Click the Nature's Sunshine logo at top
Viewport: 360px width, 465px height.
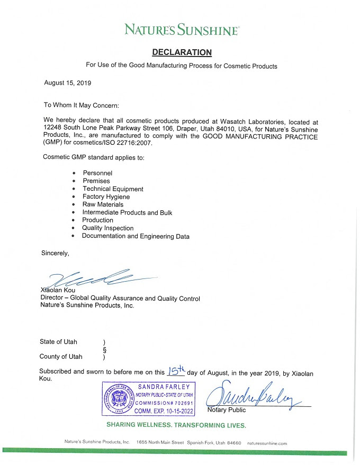pyautogui.click(x=182, y=30)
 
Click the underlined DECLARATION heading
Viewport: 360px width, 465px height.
pyautogui.click(x=182, y=52)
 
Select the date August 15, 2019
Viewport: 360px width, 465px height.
pyautogui.click(x=68, y=83)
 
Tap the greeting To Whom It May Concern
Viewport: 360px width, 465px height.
pyautogui.click(x=81, y=105)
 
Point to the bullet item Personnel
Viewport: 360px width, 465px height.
pyautogui.click(x=97, y=173)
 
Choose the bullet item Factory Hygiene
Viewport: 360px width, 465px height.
pyautogui.click(x=106, y=197)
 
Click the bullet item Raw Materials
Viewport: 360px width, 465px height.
pyautogui.click(x=103, y=204)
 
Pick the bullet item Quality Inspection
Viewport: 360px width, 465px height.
pyautogui.click(x=107, y=228)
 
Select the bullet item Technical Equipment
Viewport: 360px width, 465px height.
pyautogui.click(x=113, y=189)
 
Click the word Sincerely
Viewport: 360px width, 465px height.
pyautogui.click(x=55, y=253)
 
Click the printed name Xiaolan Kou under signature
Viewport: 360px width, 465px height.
pyautogui.click(x=59, y=291)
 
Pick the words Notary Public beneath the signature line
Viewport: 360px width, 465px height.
pyautogui.click(x=226, y=410)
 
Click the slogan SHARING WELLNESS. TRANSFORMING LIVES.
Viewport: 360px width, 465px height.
pyautogui.click(x=176, y=425)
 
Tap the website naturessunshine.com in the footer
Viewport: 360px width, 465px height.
pyautogui.click(x=267, y=443)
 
